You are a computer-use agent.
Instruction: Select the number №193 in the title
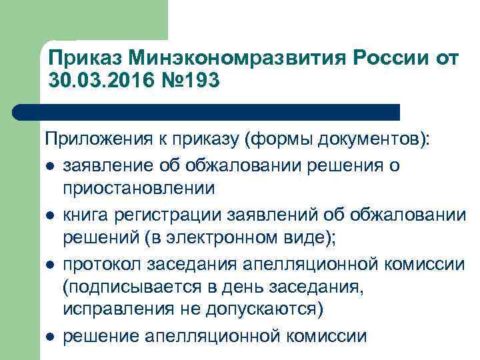(186, 80)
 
